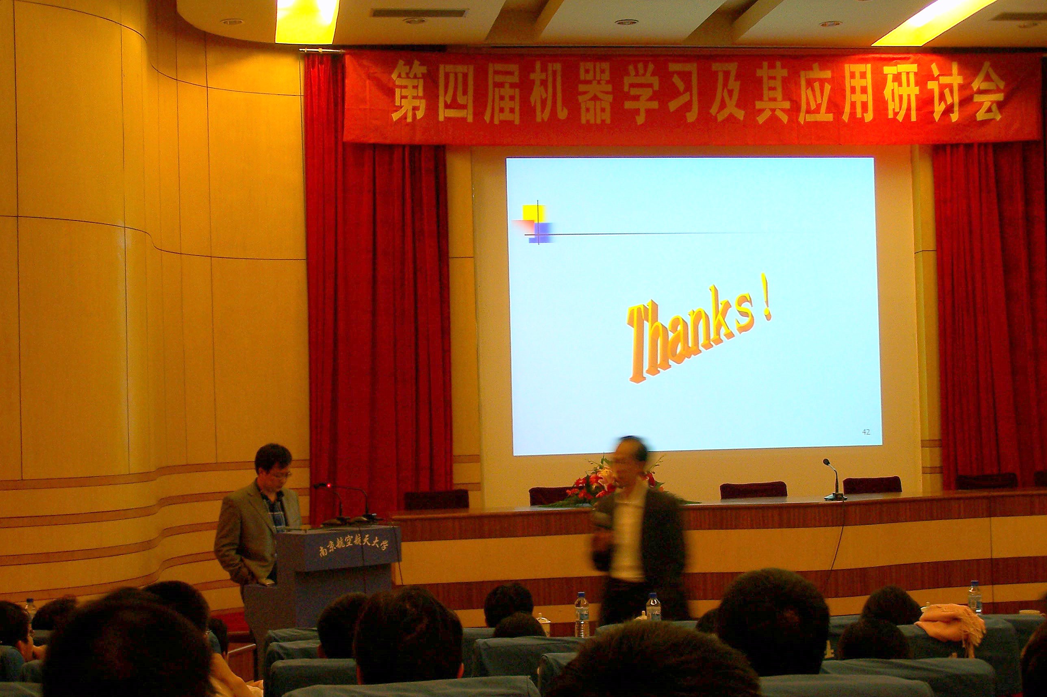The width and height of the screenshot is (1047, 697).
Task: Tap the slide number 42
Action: (x=866, y=432)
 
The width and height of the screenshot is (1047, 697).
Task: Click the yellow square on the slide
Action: (x=534, y=213)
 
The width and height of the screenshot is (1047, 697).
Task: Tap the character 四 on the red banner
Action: (x=456, y=91)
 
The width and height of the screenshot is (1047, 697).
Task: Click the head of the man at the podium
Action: (x=273, y=465)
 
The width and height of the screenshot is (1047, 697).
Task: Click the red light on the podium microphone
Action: (x=329, y=485)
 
